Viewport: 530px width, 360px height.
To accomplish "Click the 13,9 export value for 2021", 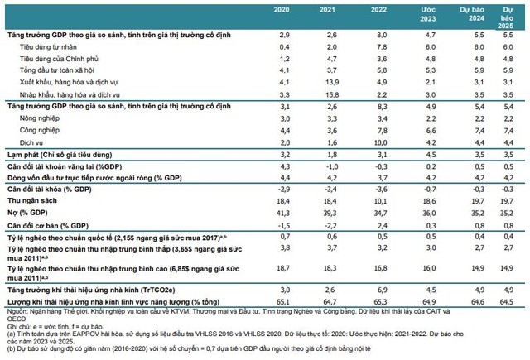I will pyautogui.click(x=335, y=84).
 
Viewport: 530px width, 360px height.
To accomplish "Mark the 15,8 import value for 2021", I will pyautogui.click(x=335, y=95).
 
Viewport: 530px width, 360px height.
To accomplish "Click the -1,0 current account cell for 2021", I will pyautogui.click(x=334, y=167).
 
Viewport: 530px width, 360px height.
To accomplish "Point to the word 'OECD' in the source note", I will pyautogui.click(x=16, y=324).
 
